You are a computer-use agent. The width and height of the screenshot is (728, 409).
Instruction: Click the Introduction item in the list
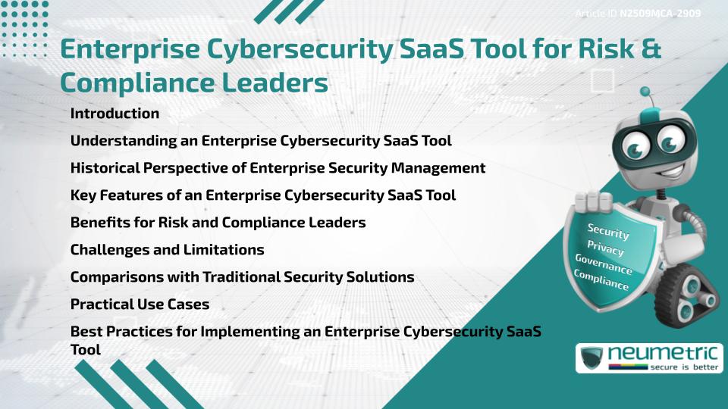pos(115,113)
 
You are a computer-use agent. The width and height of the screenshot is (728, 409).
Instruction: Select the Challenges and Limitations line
pos(167,249)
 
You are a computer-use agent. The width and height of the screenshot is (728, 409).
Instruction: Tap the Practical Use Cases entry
pos(140,304)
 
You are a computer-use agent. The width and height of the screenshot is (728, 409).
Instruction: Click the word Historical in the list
pos(105,167)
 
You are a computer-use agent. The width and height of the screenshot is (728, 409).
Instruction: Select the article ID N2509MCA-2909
pos(660,14)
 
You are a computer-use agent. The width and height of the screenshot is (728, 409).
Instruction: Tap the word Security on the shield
pos(608,231)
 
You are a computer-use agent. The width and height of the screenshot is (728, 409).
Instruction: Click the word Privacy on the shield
pos(605,248)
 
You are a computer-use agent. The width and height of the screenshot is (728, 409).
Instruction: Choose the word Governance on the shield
pos(603,264)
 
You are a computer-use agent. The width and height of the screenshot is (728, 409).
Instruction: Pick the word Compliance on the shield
pos(601,279)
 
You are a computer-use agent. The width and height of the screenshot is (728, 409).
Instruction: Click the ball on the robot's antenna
pos(645,92)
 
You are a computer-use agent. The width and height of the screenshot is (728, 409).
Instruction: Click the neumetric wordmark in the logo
pos(663,353)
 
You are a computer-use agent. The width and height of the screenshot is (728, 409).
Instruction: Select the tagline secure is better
pos(684,367)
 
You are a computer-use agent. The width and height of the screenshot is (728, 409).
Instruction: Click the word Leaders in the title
pos(275,83)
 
